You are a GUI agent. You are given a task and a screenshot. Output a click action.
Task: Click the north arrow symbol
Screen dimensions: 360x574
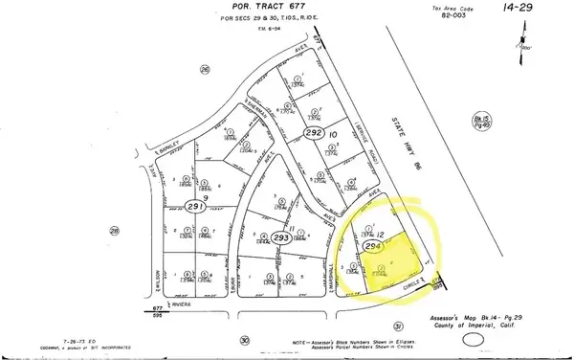point(524,40)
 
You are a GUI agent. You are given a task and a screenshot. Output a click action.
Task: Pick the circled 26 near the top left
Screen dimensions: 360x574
point(203,70)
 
